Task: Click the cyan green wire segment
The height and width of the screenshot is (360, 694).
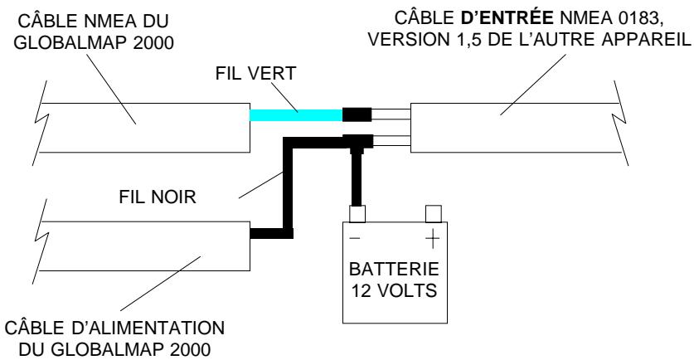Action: [x=296, y=115]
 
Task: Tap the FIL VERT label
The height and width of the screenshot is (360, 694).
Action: [x=256, y=74]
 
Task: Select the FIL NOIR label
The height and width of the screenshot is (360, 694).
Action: [x=158, y=197]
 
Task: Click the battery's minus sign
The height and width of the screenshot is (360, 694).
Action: [x=355, y=239]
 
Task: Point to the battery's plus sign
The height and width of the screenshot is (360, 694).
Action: [x=433, y=239]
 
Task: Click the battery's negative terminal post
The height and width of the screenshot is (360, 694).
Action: [x=357, y=214]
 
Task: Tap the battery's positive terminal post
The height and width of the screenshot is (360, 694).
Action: [x=434, y=214]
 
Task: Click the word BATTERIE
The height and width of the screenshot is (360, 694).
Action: [x=394, y=270]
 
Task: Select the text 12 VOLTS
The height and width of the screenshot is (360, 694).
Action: [x=395, y=291]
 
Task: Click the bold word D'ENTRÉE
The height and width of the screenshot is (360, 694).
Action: [x=507, y=17]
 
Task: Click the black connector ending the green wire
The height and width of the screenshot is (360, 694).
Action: [x=357, y=114]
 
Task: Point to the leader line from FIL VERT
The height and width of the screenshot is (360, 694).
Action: [x=283, y=96]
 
